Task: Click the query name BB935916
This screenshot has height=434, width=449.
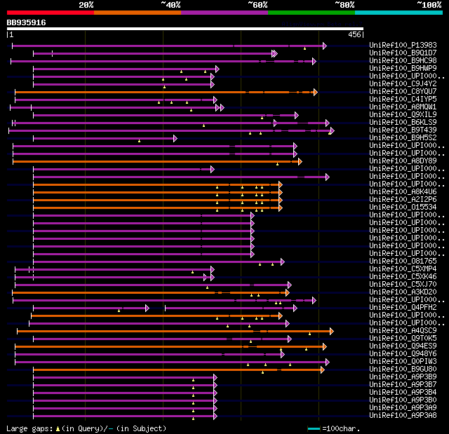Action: (27, 22)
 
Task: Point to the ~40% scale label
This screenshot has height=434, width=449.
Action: (170, 5)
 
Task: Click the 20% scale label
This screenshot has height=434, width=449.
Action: (86, 5)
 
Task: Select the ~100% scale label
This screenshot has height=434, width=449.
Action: (429, 5)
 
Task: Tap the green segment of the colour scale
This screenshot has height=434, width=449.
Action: (311, 13)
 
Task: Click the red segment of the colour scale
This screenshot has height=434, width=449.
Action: (50, 13)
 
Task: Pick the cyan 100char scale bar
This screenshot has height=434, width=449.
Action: (314, 428)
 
